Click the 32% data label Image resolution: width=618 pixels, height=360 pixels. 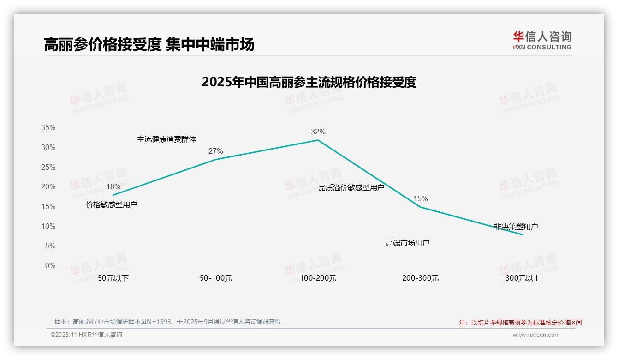(x=318, y=132)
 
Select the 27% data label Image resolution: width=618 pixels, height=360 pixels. (x=215, y=151)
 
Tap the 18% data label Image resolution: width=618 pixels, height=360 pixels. (x=113, y=186)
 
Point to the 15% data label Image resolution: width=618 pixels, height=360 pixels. (x=420, y=198)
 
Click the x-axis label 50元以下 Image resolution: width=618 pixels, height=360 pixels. (x=113, y=278)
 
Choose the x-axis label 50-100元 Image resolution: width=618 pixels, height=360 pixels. (x=215, y=278)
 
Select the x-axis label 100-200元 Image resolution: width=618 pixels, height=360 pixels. (x=318, y=278)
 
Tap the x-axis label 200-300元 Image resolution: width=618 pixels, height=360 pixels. (x=420, y=278)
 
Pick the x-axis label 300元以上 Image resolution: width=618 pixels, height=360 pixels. (x=523, y=278)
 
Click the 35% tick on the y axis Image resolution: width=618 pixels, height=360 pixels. (x=48, y=127)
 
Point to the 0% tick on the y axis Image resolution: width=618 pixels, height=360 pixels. (x=50, y=265)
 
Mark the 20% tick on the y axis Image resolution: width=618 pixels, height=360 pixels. (x=48, y=186)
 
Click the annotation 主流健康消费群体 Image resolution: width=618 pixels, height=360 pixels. (x=166, y=139)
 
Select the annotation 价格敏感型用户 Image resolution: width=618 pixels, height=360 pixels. (x=111, y=204)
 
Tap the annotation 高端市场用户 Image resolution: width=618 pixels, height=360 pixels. (x=407, y=243)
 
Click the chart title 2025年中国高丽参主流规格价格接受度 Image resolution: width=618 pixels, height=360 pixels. (x=309, y=82)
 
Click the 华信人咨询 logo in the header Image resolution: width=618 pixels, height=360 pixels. (x=542, y=40)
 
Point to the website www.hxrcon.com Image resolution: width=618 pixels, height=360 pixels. (x=535, y=335)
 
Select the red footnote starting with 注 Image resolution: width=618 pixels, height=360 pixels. (x=520, y=323)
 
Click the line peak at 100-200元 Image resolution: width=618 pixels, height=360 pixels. (x=318, y=140)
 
